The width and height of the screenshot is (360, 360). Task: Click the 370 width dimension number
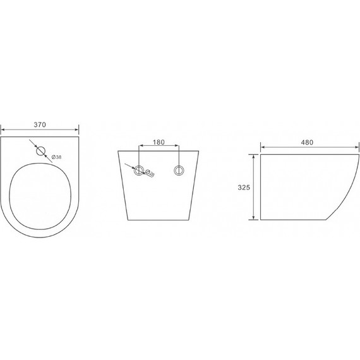point(41,125)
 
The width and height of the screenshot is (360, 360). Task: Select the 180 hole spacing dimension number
point(159,143)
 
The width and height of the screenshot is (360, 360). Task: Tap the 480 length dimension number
point(308,143)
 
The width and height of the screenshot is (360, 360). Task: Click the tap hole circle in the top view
point(41,151)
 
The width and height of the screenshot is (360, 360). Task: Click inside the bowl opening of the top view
point(41,189)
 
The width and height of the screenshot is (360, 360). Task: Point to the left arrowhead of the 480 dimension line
point(262,148)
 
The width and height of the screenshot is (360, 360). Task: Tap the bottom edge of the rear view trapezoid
point(159,220)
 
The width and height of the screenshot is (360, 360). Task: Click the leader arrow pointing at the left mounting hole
point(131,166)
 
